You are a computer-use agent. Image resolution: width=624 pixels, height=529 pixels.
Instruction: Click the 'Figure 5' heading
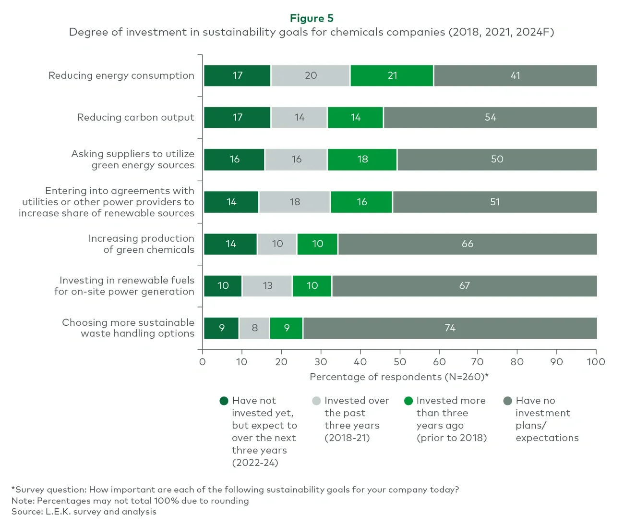tap(312, 18)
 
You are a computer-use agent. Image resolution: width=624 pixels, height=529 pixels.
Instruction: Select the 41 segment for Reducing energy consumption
tap(515, 75)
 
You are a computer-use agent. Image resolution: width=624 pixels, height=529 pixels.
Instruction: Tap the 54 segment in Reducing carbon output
tap(490, 117)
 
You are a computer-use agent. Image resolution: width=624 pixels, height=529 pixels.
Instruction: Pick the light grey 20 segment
tap(311, 75)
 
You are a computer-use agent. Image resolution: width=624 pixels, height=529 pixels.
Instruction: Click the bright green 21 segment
tap(392, 75)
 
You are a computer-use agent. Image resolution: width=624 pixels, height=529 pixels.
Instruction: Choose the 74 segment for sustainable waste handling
tap(450, 328)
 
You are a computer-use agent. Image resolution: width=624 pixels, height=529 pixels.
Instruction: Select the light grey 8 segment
tap(254, 328)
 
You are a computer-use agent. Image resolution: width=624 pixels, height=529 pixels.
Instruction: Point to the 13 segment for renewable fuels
tap(267, 286)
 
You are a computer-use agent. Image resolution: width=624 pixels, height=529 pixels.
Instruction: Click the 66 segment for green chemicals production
tap(468, 244)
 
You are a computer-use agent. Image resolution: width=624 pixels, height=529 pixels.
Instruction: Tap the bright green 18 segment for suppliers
tap(362, 160)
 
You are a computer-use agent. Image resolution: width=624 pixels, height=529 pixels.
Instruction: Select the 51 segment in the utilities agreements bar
tap(495, 202)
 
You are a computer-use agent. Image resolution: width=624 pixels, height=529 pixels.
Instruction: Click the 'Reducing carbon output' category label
tap(136, 117)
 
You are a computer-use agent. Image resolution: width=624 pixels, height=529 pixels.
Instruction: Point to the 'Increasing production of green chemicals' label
tap(141, 244)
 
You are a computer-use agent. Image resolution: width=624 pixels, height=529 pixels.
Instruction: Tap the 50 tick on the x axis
tap(400, 362)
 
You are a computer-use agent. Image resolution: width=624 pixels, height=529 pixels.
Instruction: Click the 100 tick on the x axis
tap(596, 362)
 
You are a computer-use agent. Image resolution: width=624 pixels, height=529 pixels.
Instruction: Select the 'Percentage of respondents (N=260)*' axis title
tap(399, 377)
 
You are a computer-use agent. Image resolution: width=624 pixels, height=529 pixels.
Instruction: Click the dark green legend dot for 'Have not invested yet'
tap(224, 401)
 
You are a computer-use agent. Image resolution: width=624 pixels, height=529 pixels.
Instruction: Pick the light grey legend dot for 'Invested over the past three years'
tap(316, 401)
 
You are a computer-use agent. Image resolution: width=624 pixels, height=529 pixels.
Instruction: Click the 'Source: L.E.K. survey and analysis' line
tap(84, 512)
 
